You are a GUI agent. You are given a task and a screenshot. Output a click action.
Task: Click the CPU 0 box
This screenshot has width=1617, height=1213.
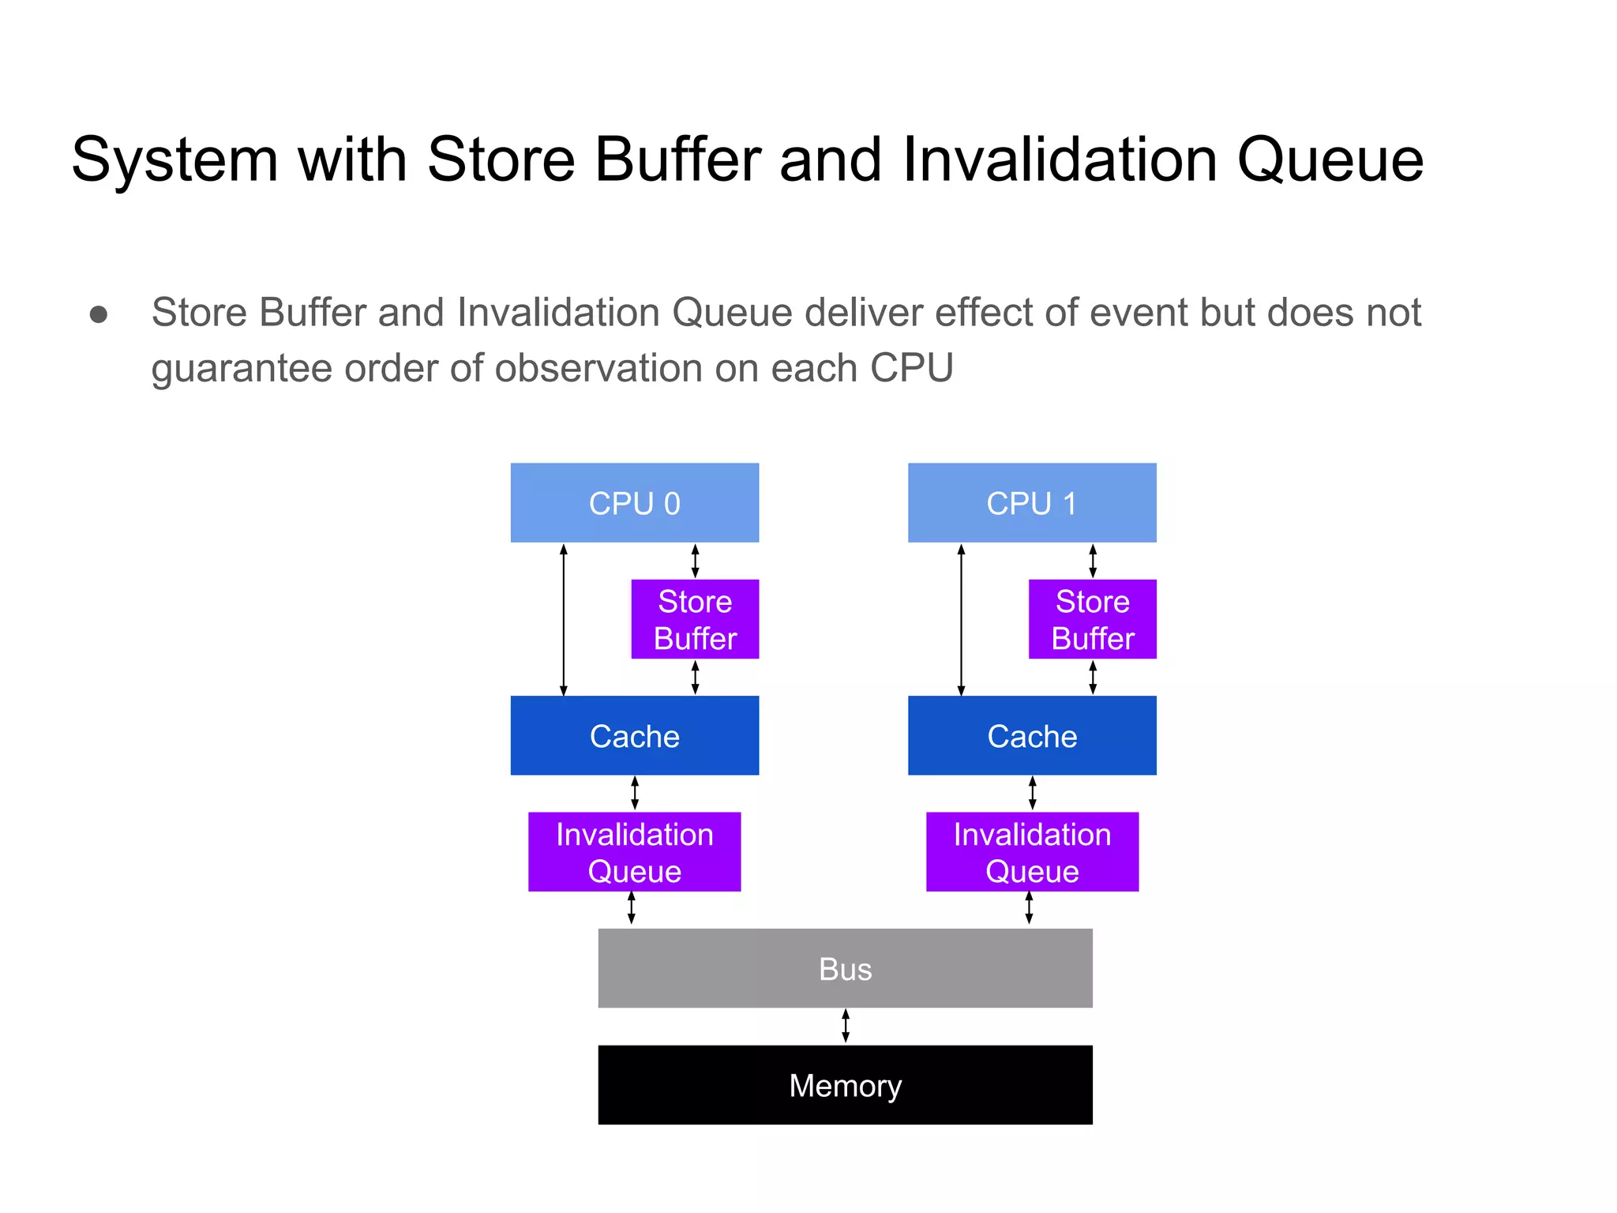[634, 502]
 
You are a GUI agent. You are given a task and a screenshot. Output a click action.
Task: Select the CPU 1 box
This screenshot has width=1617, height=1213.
[1031, 502]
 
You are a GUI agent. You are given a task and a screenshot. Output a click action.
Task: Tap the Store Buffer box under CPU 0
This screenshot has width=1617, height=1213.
[695, 619]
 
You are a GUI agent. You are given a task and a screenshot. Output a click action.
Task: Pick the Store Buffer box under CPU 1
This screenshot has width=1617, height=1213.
[1092, 619]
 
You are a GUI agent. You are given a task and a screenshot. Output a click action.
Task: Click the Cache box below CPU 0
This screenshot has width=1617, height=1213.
[634, 735]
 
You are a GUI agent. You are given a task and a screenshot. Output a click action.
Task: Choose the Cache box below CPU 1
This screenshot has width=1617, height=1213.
[1031, 735]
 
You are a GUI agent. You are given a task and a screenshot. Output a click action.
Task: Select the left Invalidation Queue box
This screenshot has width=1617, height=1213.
[634, 851]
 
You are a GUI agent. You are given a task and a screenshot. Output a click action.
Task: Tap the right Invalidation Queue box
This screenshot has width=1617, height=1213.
[1031, 851]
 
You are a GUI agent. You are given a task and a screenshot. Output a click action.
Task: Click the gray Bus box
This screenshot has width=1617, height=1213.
[845, 968]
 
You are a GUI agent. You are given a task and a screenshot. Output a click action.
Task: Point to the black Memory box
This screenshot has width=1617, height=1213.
[845, 1084]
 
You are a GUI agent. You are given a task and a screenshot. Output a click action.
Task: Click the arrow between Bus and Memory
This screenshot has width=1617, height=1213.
[846, 1026]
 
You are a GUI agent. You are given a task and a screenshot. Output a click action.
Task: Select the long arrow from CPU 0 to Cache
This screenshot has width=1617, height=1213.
[564, 619]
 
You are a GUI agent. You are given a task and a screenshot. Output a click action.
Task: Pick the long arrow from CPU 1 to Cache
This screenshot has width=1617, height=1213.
[961, 619]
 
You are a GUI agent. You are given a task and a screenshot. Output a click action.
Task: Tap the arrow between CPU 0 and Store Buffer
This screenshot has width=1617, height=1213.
[695, 561]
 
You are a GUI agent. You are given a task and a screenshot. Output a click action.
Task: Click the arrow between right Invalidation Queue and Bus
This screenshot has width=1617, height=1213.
[1029, 908]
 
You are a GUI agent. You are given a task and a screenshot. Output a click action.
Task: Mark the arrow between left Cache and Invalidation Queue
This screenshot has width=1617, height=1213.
[635, 793]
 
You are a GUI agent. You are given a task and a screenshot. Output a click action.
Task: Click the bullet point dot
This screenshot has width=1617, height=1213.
[99, 315]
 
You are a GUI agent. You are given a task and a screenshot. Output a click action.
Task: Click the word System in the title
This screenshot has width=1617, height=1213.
[174, 160]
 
